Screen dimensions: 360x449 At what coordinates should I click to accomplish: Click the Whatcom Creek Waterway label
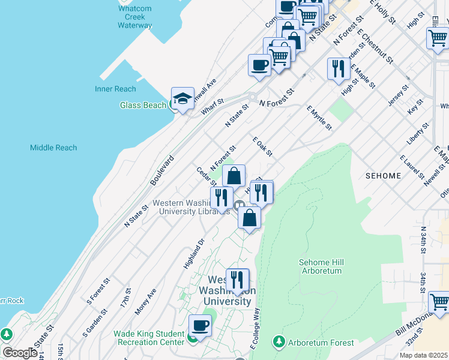point(134,17)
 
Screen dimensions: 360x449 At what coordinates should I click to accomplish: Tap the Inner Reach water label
point(115,89)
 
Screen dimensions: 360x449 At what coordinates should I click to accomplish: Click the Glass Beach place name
point(143,105)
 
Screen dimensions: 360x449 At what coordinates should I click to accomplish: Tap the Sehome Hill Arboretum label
point(320,266)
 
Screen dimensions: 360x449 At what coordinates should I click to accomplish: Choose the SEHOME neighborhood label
point(383,175)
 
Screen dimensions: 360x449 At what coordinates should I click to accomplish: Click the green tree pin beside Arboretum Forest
point(279,342)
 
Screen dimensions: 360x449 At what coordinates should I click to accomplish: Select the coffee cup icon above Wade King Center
point(200,326)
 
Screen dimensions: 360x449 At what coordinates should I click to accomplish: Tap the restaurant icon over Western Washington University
point(237,280)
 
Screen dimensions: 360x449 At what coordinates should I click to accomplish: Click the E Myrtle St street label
point(319,118)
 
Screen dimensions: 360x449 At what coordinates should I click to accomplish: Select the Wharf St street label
point(212,109)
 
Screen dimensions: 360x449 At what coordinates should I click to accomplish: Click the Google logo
point(20,353)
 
